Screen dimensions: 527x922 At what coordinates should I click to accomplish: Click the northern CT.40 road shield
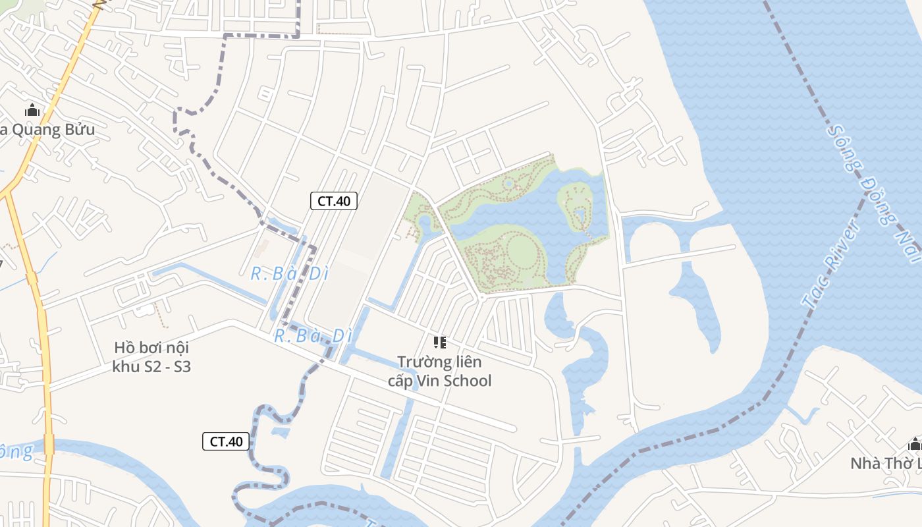(333, 201)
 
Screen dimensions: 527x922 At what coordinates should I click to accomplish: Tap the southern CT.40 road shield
(226, 441)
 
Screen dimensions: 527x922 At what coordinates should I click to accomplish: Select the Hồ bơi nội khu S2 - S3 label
(151, 357)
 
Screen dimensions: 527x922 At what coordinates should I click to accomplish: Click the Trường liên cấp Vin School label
(439, 371)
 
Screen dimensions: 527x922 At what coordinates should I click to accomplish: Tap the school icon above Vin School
(439, 343)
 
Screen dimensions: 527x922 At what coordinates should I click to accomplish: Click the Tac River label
(831, 263)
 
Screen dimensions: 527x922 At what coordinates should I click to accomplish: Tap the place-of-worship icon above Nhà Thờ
(914, 443)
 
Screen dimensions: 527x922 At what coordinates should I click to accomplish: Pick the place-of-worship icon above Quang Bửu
(32, 111)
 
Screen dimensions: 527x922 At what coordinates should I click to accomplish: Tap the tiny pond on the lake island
(580, 214)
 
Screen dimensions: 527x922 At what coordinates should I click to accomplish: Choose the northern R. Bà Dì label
(289, 273)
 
